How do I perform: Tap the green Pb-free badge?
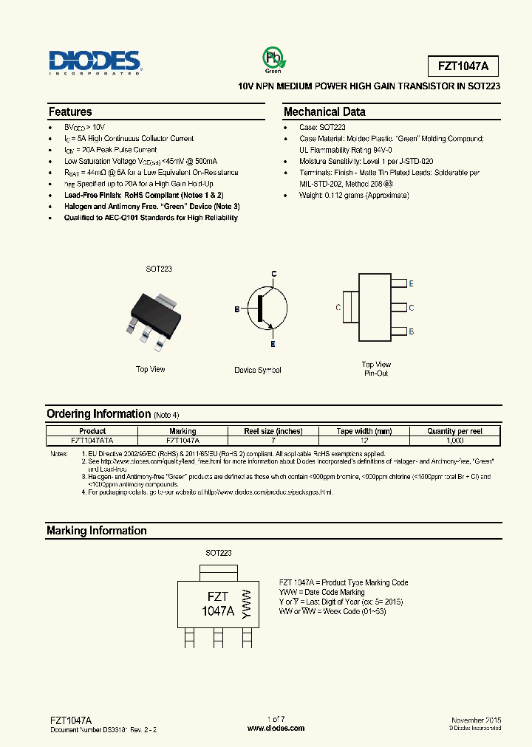pyautogui.click(x=274, y=59)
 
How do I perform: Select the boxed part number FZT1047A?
pyautogui.click(x=463, y=66)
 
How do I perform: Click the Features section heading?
pyautogui.click(x=70, y=112)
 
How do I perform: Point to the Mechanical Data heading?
pyautogui.click(x=324, y=112)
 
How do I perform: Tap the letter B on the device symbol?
pyautogui.click(x=237, y=309)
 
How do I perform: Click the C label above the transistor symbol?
pyautogui.click(x=273, y=275)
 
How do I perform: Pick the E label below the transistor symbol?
pyautogui.click(x=273, y=345)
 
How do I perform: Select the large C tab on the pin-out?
pyautogui.click(x=349, y=307)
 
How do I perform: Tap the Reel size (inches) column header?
pyautogui.click(x=273, y=431)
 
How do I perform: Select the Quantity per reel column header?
pyautogui.click(x=454, y=431)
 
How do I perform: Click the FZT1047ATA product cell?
pyautogui.click(x=92, y=439)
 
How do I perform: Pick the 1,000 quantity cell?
pyautogui.click(x=454, y=439)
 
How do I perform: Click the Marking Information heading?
pyautogui.click(x=97, y=531)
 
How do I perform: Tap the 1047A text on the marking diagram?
pyautogui.click(x=218, y=610)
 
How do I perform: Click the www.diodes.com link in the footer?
pyautogui.click(x=276, y=728)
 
